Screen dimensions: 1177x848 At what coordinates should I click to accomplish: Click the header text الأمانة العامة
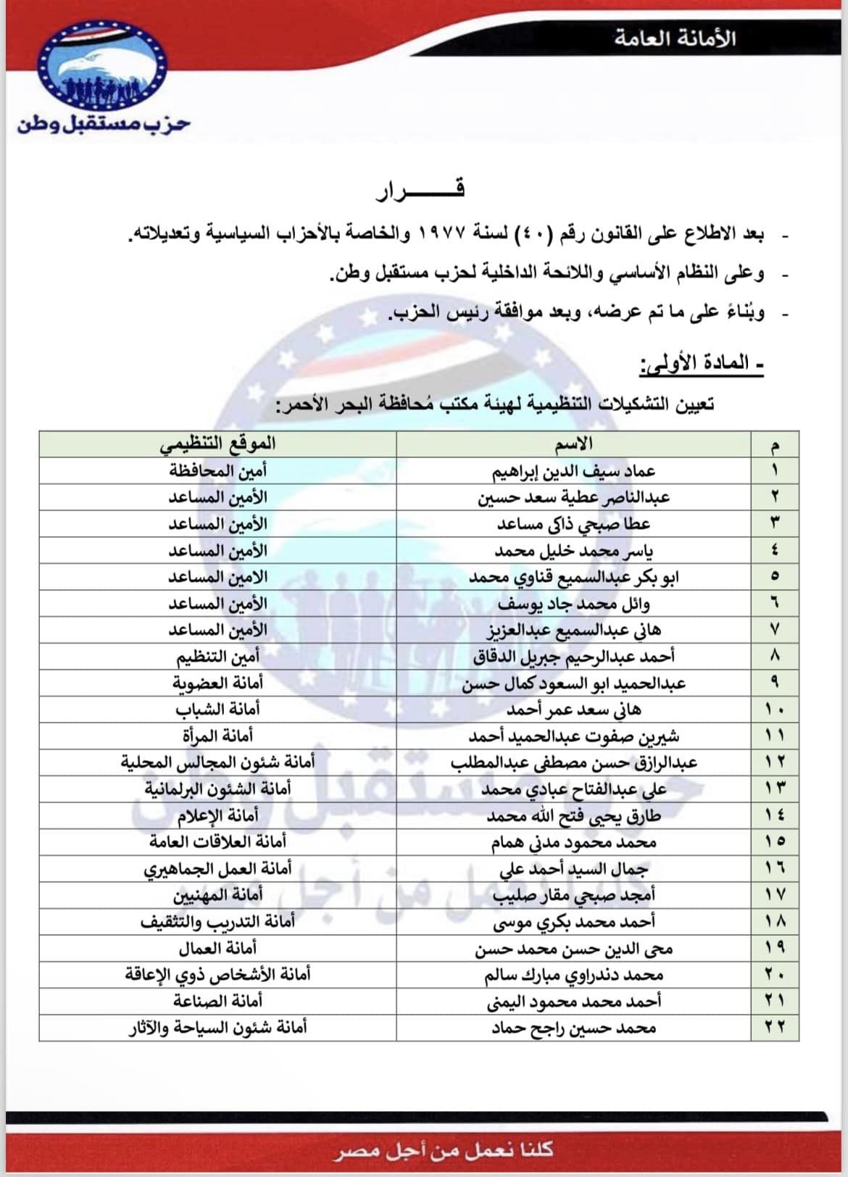[675, 38]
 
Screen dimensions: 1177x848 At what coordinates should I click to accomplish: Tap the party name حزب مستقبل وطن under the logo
[104, 124]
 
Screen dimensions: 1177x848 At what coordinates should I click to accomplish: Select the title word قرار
[420, 191]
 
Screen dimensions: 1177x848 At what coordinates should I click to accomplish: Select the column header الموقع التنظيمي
[217, 444]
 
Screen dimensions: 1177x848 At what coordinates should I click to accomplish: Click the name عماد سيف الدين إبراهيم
[574, 470]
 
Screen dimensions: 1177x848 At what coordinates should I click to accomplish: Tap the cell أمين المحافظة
[217, 470]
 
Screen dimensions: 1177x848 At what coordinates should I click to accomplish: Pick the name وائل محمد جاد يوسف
[574, 604]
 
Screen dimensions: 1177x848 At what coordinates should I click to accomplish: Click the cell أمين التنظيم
[217, 657]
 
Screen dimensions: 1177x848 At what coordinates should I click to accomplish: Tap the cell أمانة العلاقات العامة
[217, 842]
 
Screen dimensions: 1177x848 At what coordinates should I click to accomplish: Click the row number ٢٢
[775, 1028]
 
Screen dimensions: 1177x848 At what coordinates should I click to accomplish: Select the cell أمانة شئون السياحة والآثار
[217, 1028]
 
